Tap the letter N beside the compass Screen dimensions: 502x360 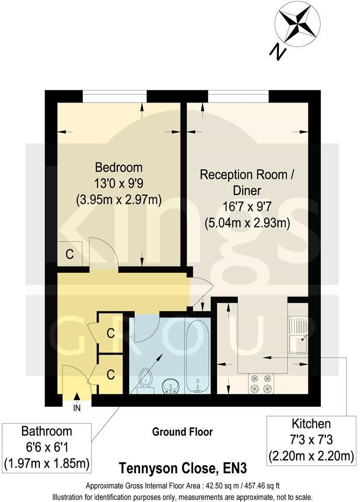277,51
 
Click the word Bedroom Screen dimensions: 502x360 118,167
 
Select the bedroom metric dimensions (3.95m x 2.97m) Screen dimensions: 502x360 118,199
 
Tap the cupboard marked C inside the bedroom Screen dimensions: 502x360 69,255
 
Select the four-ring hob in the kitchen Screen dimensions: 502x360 261,383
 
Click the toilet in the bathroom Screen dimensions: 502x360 145,379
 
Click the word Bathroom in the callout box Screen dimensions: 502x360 47,431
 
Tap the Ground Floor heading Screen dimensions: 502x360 182,432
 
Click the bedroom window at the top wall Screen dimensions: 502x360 115,96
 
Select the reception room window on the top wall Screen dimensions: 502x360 238,96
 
